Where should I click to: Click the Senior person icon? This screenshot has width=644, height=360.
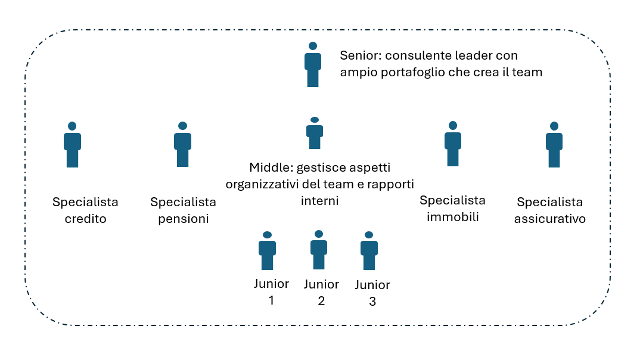click(x=313, y=64)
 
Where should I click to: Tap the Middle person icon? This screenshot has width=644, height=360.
click(x=315, y=133)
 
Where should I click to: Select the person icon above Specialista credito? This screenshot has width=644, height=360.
click(x=72, y=144)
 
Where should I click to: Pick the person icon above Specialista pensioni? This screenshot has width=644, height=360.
click(x=182, y=144)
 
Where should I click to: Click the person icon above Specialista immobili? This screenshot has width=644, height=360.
click(x=453, y=144)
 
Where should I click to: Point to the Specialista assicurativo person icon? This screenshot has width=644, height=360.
click(x=554, y=144)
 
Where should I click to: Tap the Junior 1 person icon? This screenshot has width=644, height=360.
click(x=267, y=250)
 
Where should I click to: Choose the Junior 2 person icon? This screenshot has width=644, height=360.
click(x=319, y=250)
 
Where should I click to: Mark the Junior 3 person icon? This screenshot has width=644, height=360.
click(x=369, y=250)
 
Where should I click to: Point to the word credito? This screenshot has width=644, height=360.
click(x=85, y=218)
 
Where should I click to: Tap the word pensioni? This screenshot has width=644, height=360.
click(x=183, y=219)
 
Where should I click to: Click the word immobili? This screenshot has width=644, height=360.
click(x=453, y=216)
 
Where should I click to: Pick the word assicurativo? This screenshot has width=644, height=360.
click(x=550, y=218)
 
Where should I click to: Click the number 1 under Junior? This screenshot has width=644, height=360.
click(x=271, y=300)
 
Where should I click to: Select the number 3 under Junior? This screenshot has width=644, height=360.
click(x=372, y=302)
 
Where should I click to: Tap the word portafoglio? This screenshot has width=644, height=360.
click(x=413, y=72)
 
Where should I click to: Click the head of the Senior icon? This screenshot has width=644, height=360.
click(x=313, y=46)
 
